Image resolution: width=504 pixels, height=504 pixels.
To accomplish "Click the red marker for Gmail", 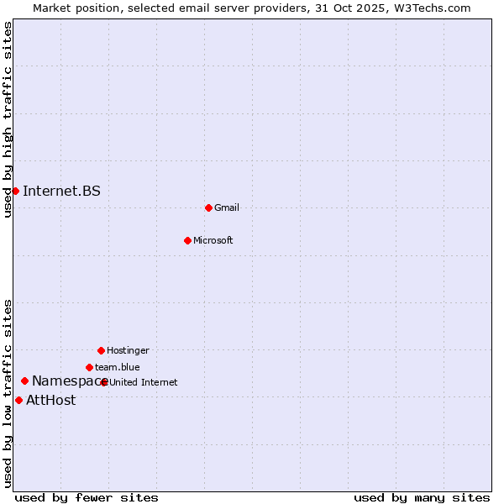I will coord(208,207).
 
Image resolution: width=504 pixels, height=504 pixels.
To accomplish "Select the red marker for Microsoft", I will coord(187,240).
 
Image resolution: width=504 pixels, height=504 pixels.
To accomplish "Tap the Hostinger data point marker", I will coord(101,350).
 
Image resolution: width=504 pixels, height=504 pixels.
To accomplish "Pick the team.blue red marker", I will coord(89,367).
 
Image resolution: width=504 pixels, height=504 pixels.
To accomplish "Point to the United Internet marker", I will coord(104,382).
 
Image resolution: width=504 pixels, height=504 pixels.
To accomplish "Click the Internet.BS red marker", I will coord(15,191).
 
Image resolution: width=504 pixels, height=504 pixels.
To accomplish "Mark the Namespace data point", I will coord(24,381).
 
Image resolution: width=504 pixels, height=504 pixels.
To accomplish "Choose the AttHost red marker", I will coord(18,400).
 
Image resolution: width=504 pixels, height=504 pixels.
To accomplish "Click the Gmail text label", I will coord(227,207).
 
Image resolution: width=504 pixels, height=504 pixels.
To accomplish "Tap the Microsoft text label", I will coord(213,240).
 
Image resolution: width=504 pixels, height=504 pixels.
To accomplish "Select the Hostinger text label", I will coord(128,350).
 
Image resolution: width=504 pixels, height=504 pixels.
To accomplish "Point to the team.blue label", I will coord(118,367).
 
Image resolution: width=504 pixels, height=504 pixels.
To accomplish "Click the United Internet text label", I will coord(144,382).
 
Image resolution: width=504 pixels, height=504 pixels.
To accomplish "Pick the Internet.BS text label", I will coord(61,191).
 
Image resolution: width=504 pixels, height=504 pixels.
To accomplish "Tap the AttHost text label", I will coord(50,400).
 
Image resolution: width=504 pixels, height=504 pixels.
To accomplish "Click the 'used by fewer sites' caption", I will coord(87,497).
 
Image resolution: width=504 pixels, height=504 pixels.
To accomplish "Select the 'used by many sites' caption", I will coord(422,497).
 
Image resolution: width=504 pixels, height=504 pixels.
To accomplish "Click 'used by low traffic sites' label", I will coord(8,392).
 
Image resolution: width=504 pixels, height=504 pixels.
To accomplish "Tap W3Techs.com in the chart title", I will coord(435,8).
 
